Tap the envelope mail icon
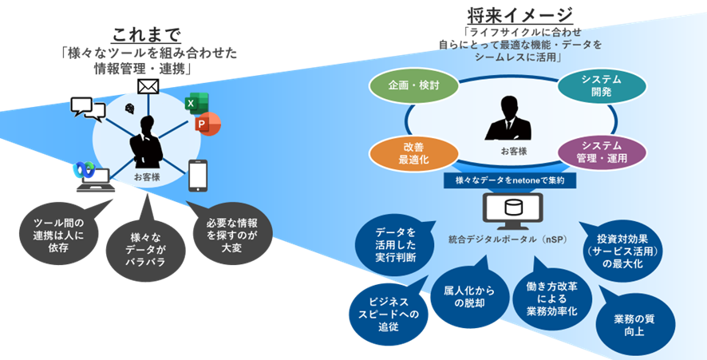coord(148,85)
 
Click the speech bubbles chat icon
coord(86,107)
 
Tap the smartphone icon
coord(199,176)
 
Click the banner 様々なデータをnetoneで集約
coord(510,181)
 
